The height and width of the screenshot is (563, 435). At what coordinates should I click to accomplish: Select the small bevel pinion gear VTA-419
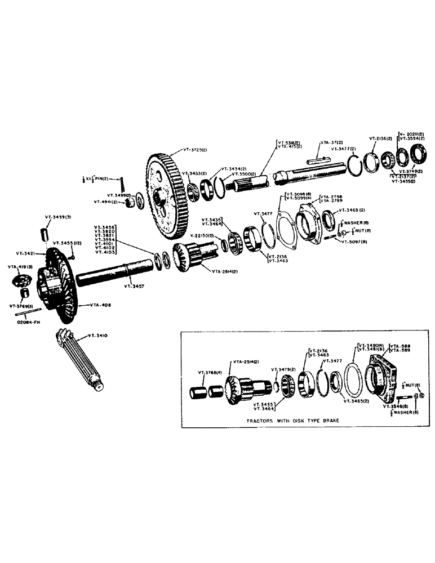coord(21,279)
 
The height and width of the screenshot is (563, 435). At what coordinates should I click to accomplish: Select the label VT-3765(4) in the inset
coord(209,372)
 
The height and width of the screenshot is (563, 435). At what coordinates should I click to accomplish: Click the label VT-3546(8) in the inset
coord(396,404)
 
